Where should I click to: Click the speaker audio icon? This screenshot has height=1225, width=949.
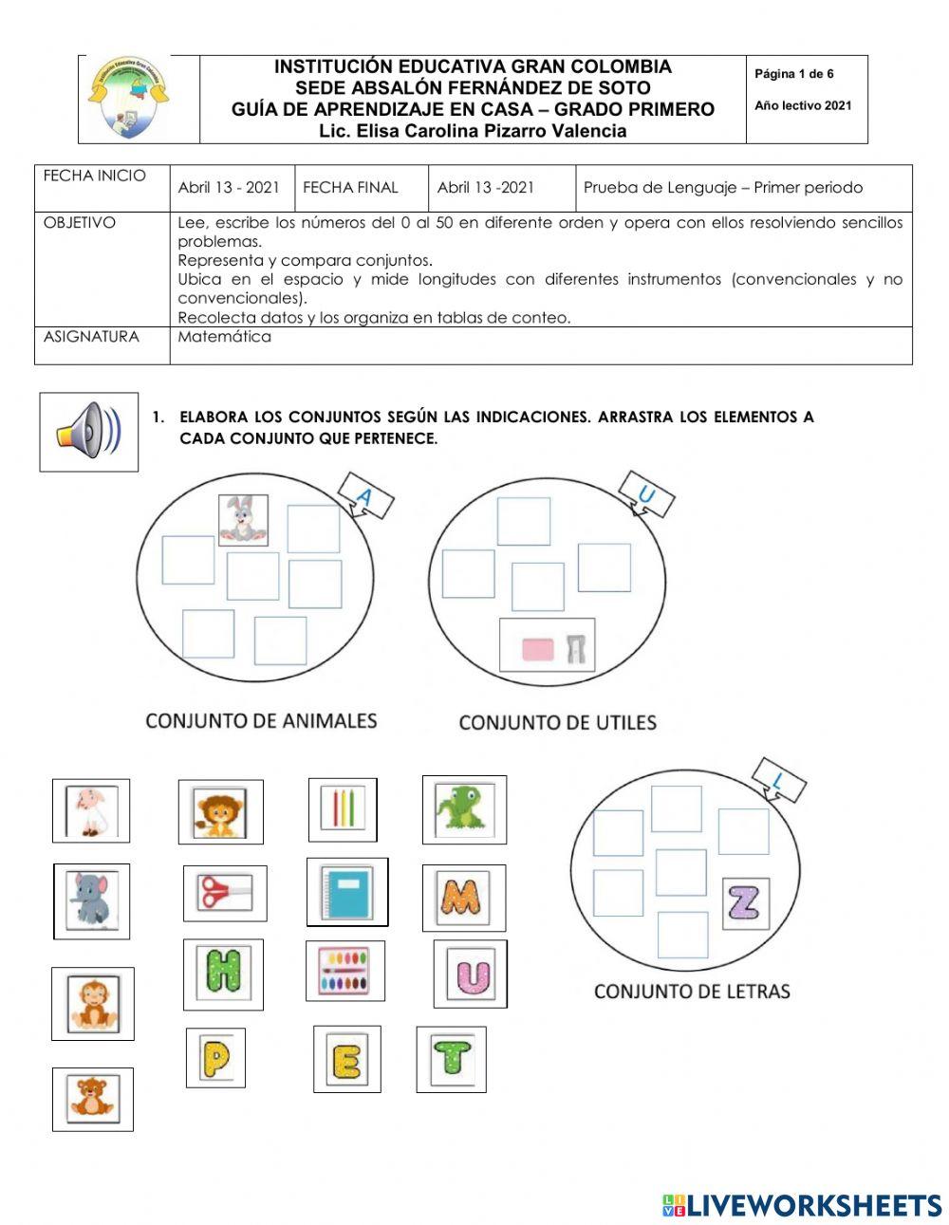pos(88,432)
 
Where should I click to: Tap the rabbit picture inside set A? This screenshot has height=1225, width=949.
pos(243,520)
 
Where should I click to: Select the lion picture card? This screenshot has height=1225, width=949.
pos(220,812)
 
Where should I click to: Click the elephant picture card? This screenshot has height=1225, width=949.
pos(91,900)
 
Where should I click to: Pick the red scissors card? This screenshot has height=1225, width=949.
pos(224,893)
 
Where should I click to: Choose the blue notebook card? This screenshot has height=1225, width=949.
pos(347,891)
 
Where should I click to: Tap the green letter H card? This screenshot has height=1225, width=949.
pos(223,974)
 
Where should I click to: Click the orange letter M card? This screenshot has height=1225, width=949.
pos(463,898)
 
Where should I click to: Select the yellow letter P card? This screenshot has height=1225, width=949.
pos(215,1057)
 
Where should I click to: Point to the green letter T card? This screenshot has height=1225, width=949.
pos(451,1058)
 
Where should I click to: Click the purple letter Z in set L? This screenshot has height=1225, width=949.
pos(745,903)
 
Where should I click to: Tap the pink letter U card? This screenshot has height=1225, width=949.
pos(470,974)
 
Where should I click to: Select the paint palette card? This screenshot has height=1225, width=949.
pos(344,971)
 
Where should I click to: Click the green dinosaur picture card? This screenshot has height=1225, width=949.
pos(463,809)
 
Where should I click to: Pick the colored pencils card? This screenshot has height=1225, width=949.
pos(343,809)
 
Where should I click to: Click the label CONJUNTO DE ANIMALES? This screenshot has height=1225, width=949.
pos(261,721)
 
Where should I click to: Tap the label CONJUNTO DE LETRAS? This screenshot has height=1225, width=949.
pos(691,992)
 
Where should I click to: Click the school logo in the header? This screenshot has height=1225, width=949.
pos(130,98)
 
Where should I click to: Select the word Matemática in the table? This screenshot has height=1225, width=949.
pos(224,337)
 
